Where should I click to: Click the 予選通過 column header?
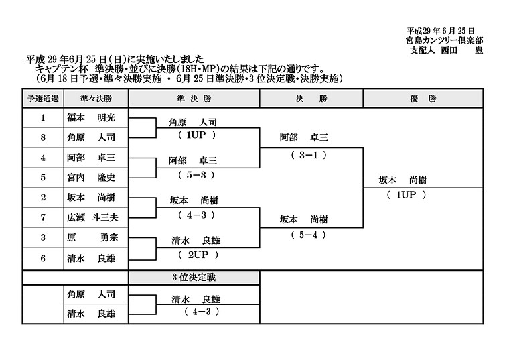pyautogui.click(x=43, y=99)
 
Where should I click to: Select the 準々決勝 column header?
pyautogui.click(x=96, y=99)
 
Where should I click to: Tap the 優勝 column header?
pyautogui.click(x=423, y=99)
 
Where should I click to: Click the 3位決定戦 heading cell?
pyautogui.click(x=194, y=278)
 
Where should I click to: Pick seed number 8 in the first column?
pyautogui.click(x=43, y=137)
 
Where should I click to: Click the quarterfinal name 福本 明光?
pyautogui.click(x=91, y=117)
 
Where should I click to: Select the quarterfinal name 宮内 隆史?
pyautogui.click(x=91, y=178)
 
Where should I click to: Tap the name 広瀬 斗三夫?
pyautogui.click(x=92, y=217)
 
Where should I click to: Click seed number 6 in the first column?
pyautogui.click(x=43, y=259)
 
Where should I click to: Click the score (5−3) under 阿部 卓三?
pyautogui.click(x=196, y=175)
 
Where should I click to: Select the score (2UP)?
pyautogui.click(x=198, y=255)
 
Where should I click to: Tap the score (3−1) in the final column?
pyautogui.click(x=309, y=155)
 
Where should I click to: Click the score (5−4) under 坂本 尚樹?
pyautogui.click(x=308, y=235)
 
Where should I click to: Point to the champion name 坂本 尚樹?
pyautogui.click(x=403, y=180)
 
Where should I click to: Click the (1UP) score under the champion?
pyautogui.click(x=406, y=195)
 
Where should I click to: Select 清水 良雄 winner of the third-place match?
pyautogui.click(x=196, y=299)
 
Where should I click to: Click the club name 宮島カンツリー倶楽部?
pyautogui.click(x=445, y=41)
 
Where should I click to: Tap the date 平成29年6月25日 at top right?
pyautogui.click(x=441, y=31)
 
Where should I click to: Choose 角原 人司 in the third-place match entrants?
pyautogui.click(x=91, y=294)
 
